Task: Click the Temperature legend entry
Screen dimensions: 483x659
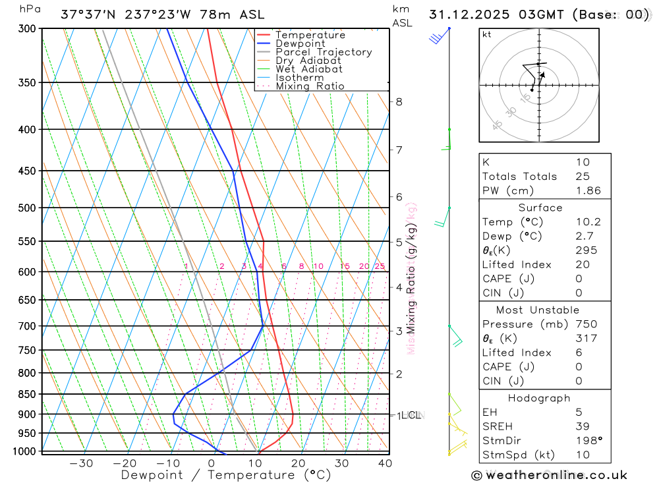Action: [x=310, y=35]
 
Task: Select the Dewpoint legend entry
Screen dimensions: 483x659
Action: [x=301, y=43]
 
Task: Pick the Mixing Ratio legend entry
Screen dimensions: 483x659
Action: [x=310, y=86]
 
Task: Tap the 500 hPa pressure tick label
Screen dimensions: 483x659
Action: [x=27, y=208]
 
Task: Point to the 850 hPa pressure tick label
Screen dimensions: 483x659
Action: [x=27, y=394]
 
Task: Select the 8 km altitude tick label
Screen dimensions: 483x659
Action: [x=399, y=101]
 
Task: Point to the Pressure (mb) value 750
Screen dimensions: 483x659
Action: [x=586, y=324]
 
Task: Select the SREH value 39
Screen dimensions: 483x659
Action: [x=582, y=426]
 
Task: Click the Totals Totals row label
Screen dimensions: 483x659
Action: [x=519, y=176]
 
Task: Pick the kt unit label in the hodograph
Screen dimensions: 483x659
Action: [x=487, y=35]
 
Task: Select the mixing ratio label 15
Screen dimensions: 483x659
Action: [x=345, y=266]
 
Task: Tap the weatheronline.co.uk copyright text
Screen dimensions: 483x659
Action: [x=549, y=475]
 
